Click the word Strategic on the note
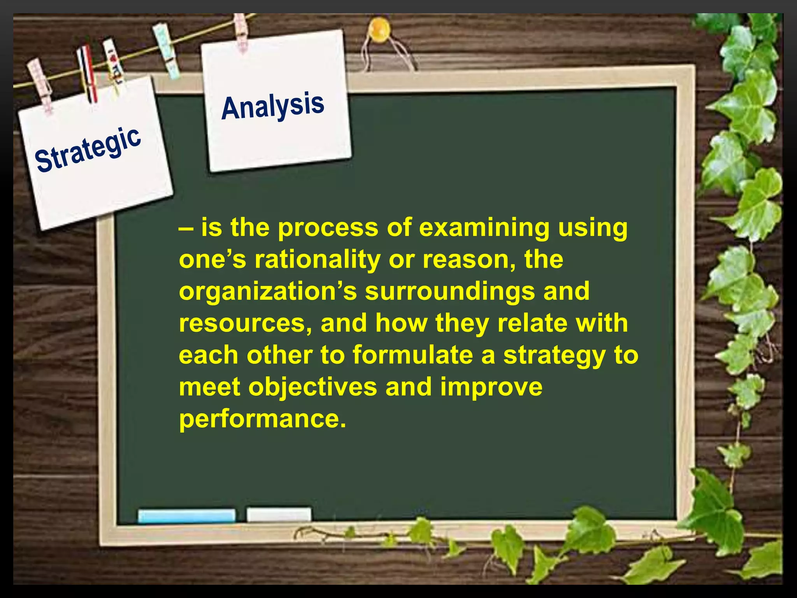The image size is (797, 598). (x=88, y=149)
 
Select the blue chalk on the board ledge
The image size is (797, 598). (x=186, y=515)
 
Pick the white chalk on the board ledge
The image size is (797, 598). (x=279, y=514)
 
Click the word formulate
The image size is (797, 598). (x=413, y=355)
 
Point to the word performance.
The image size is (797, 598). (x=262, y=419)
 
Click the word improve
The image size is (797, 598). (x=491, y=387)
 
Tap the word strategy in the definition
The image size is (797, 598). (x=555, y=356)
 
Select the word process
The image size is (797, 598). (x=328, y=228)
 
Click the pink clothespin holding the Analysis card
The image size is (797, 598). (x=241, y=33)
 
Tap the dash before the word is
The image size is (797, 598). (x=185, y=229)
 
